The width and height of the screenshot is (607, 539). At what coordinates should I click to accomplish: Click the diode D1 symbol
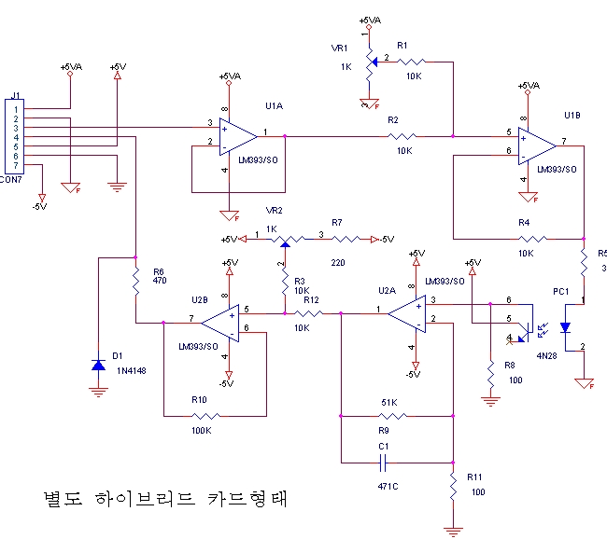[x=98, y=364]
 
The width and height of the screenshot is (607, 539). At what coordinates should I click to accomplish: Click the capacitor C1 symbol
[x=384, y=462]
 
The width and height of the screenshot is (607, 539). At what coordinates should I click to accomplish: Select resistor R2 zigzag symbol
[x=402, y=136]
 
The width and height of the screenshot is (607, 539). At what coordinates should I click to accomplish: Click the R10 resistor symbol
[x=205, y=416]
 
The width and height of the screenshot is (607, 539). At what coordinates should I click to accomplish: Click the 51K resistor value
[x=388, y=403]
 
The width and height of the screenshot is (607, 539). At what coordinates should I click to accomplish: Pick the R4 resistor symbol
[x=526, y=239]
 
